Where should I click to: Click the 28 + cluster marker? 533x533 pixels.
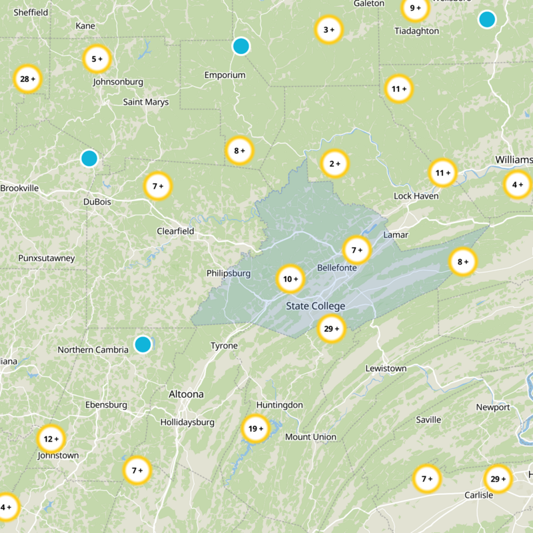[x=28, y=79]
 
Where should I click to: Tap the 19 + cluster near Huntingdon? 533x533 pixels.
[x=254, y=428]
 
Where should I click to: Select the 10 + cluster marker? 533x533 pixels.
[x=290, y=279]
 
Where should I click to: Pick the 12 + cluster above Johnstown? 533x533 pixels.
[x=51, y=439]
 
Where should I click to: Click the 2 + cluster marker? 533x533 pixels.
[x=333, y=163]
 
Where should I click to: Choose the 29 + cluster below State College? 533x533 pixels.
[x=331, y=328]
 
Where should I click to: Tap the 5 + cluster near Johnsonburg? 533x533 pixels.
[x=97, y=59]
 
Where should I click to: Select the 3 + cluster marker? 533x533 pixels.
[x=328, y=29]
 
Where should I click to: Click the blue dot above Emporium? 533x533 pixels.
[x=241, y=46]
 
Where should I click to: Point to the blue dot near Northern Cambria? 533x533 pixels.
[x=143, y=344]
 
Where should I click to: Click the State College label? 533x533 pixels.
[x=315, y=306]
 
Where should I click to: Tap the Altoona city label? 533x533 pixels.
[x=186, y=394]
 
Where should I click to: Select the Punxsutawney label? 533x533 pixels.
[x=47, y=258]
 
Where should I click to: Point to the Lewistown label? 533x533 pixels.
[x=386, y=368]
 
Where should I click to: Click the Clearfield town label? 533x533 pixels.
[x=175, y=231]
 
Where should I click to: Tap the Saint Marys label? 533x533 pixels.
[x=146, y=102]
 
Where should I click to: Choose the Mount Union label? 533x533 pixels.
[x=310, y=437]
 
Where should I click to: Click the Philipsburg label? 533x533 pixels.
[x=229, y=273]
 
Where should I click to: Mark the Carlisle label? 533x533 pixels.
[x=478, y=495]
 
